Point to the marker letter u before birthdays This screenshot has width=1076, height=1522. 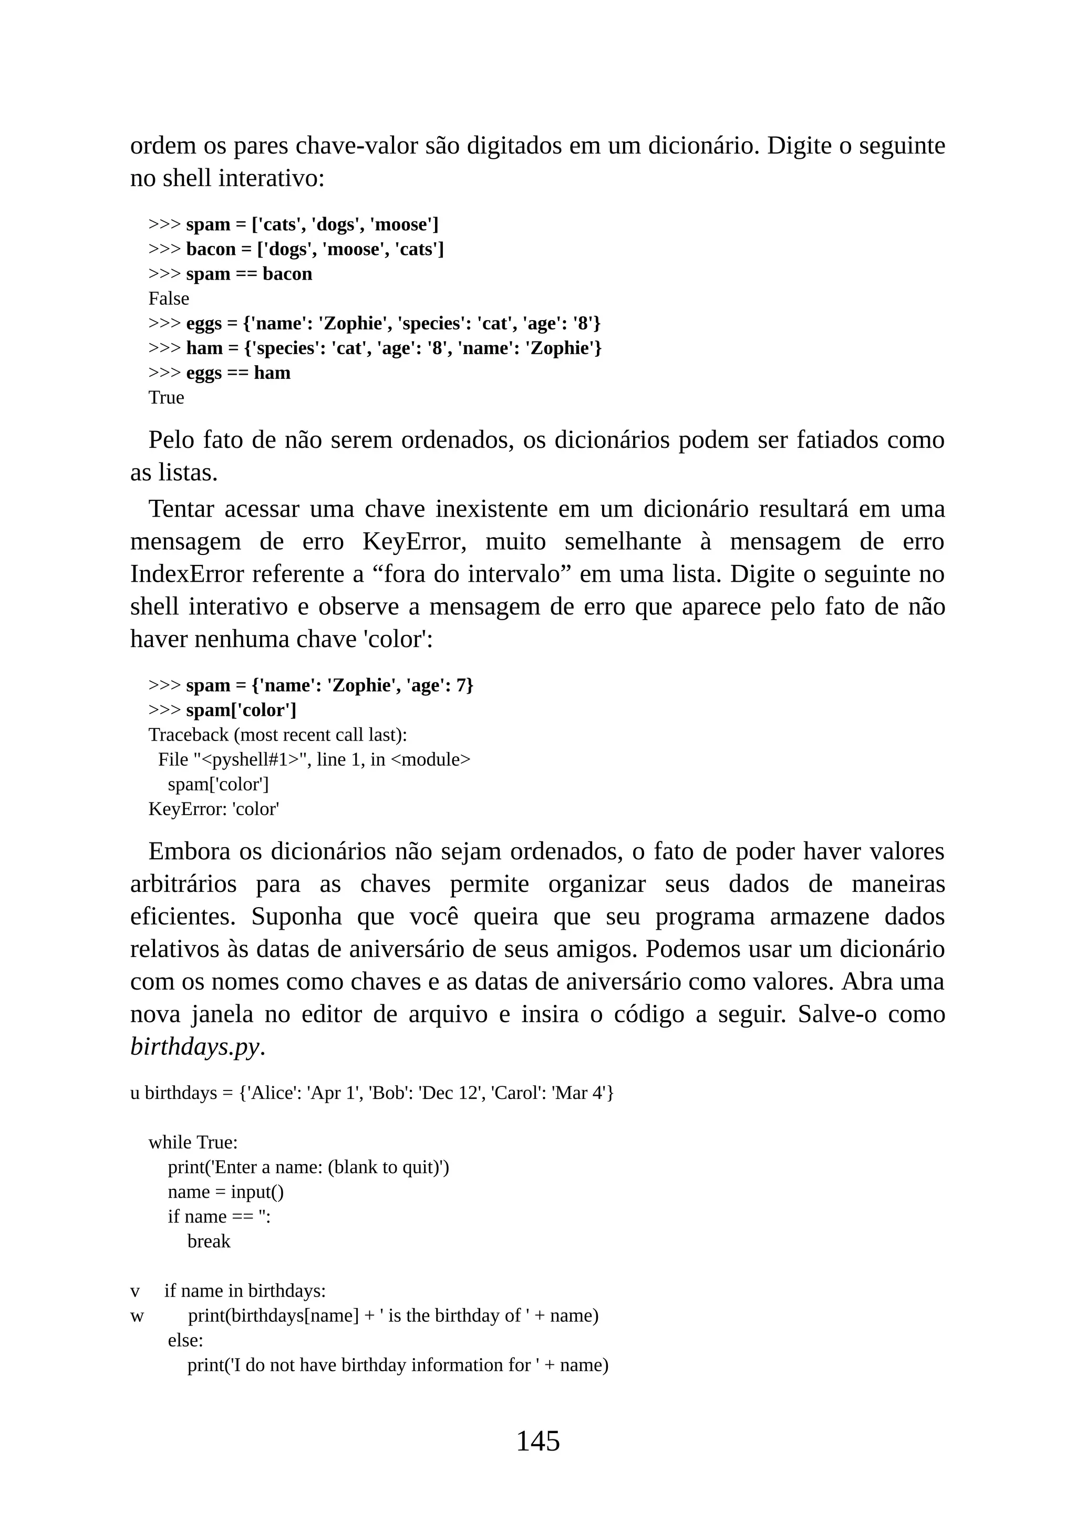134,1093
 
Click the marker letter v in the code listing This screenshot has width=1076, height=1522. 135,1291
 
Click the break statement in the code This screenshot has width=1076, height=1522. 209,1241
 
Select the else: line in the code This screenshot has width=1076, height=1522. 185,1340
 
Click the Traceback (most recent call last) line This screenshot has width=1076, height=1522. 277,735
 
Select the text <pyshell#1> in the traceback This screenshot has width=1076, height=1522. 251,759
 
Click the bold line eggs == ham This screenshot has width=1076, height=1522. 238,373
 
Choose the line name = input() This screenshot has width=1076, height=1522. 225,1191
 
